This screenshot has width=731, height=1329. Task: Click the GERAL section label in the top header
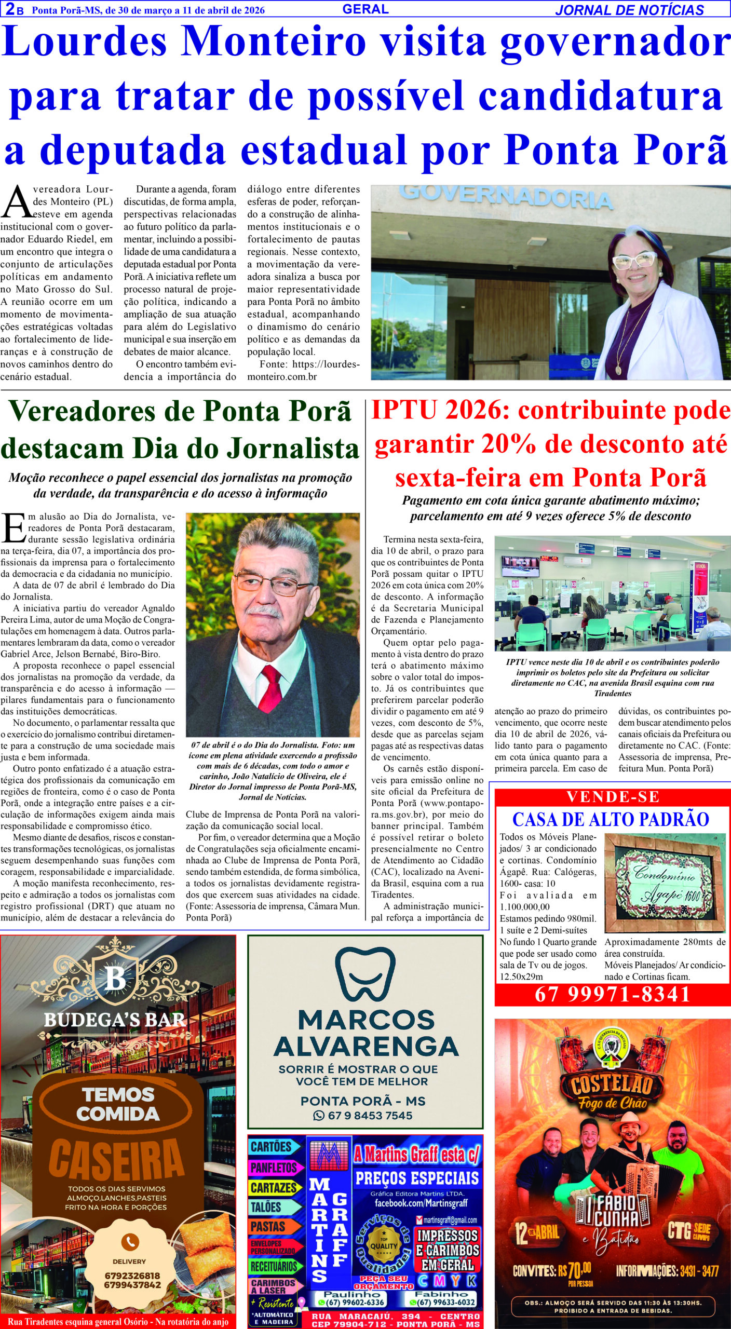tap(365, 9)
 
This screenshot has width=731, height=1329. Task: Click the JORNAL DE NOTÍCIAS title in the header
tap(629, 10)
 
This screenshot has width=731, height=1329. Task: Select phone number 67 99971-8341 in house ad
tap(613, 994)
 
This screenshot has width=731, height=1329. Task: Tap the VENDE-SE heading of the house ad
tap(613, 797)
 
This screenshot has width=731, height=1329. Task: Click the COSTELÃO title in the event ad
tap(612, 1084)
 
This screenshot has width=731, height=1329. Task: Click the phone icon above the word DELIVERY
tap(129, 1242)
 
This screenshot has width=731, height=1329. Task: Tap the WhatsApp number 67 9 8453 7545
tap(370, 1115)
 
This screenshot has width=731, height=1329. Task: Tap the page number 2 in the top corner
tap(9, 9)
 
